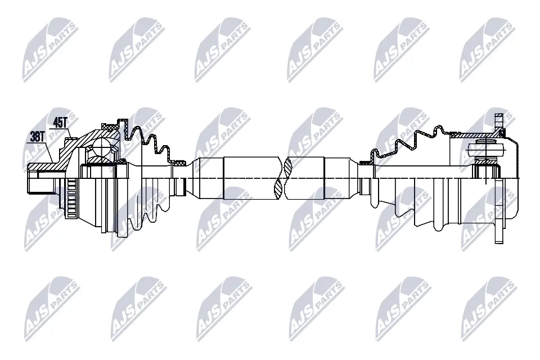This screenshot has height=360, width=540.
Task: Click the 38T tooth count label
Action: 37,136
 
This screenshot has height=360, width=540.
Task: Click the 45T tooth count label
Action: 60,122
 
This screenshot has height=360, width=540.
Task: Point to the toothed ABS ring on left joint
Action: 70,200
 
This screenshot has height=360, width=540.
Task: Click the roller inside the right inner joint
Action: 483,150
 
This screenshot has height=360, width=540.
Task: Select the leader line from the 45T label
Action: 69,132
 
